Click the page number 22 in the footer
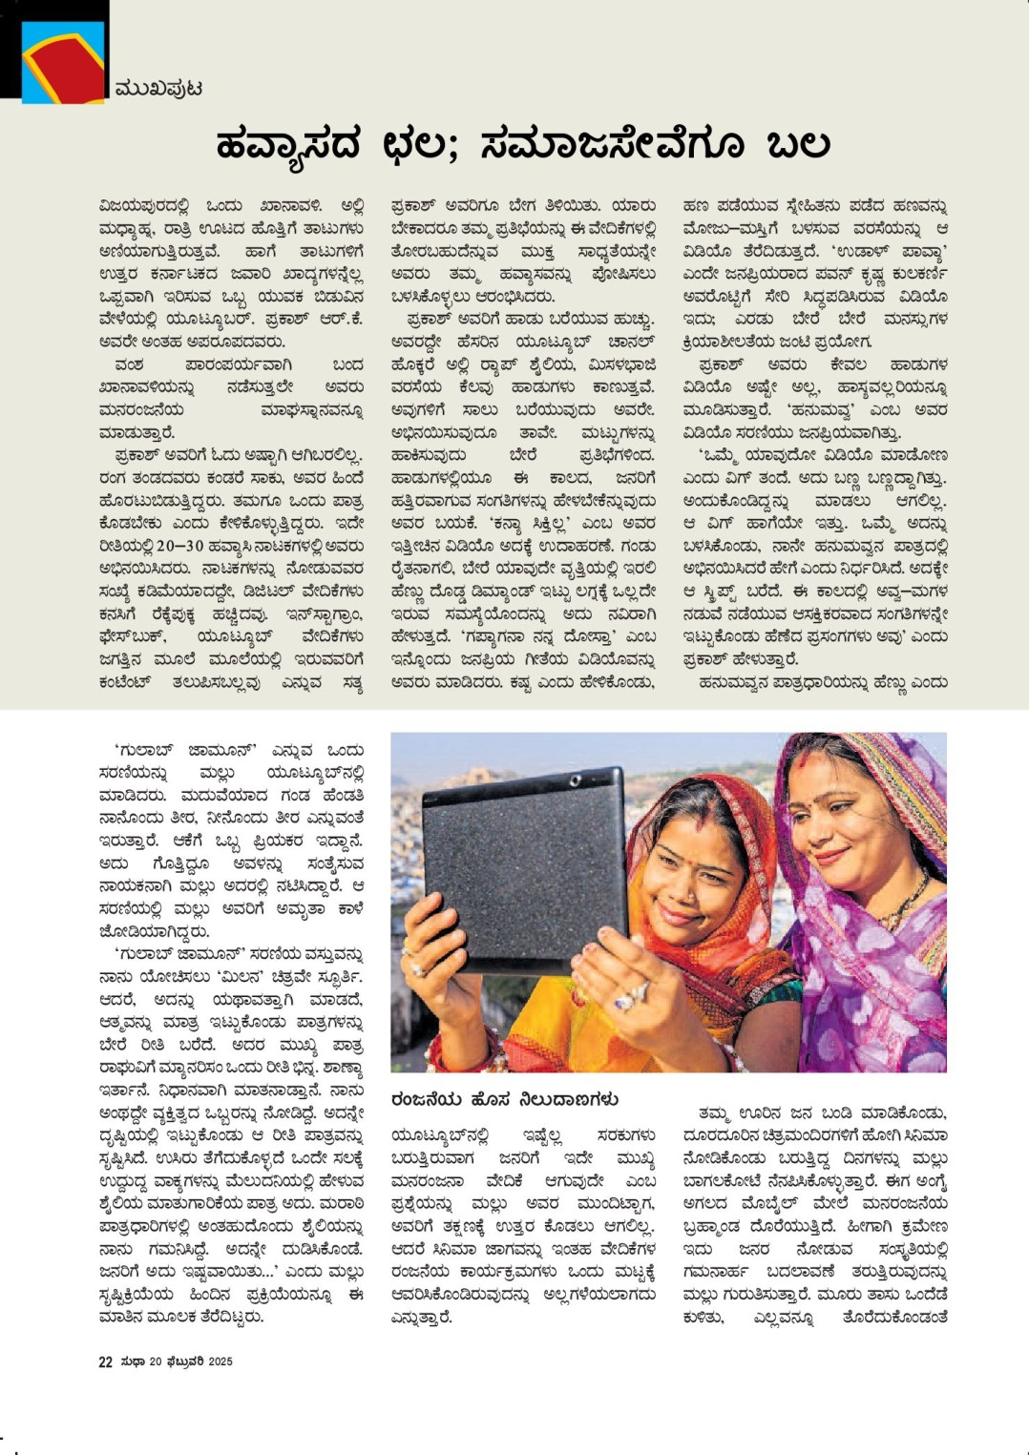coord(106,1361)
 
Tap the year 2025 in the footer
coord(220,1361)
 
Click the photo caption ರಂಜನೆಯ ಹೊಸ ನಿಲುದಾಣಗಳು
coord(504,1099)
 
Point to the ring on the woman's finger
coord(625,999)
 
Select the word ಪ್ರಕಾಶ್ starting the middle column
coord(420,205)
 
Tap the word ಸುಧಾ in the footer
coord(132,1361)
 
